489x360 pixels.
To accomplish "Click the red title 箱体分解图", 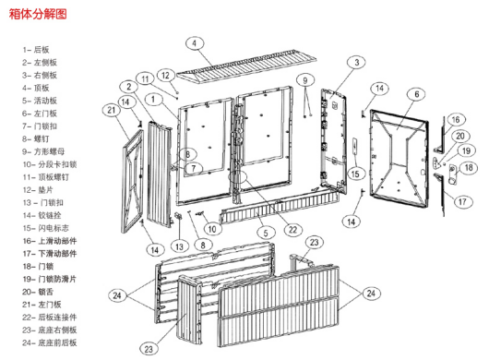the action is pyautogui.click(x=38, y=14).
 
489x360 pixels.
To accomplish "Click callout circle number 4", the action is pyautogui.click(x=195, y=43).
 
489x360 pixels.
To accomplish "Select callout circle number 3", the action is pyautogui.click(x=357, y=63).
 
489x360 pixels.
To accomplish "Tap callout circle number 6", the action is pyautogui.click(x=417, y=94).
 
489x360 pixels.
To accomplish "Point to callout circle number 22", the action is pyautogui.click(x=292, y=230).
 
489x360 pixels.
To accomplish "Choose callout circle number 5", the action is pyautogui.click(x=266, y=233).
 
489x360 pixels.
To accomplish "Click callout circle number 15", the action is pyautogui.click(x=355, y=174).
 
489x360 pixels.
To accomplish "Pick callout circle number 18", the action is pyautogui.click(x=469, y=168).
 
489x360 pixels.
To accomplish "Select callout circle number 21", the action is pyautogui.click(x=112, y=110).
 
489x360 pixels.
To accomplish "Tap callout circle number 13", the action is pyautogui.click(x=179, y=246).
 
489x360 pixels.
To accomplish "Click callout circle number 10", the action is pyautogui.click(x=212, y=229).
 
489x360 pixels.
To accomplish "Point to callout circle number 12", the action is pyautogui.click(x=165, y=75).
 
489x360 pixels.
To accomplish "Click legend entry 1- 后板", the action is pyautogui.click(x=36, y=50).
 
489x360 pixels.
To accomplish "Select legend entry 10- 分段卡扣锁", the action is pyautogui.click(x=49, y=164).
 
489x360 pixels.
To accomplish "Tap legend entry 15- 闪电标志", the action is pyautogui.click(x=45, y=228).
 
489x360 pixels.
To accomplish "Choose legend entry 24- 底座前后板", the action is pyautogui.click(x=49, y=342).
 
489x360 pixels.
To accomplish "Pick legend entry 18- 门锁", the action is pyautogui.click(x=38, y=267).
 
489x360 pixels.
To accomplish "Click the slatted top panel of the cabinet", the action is pyautogui.click(x=246, y=66).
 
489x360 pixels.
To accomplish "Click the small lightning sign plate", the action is pyautogui.click(x=354, y=146).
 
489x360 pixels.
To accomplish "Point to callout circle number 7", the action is pyautogui.click(x=194, y=168).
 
